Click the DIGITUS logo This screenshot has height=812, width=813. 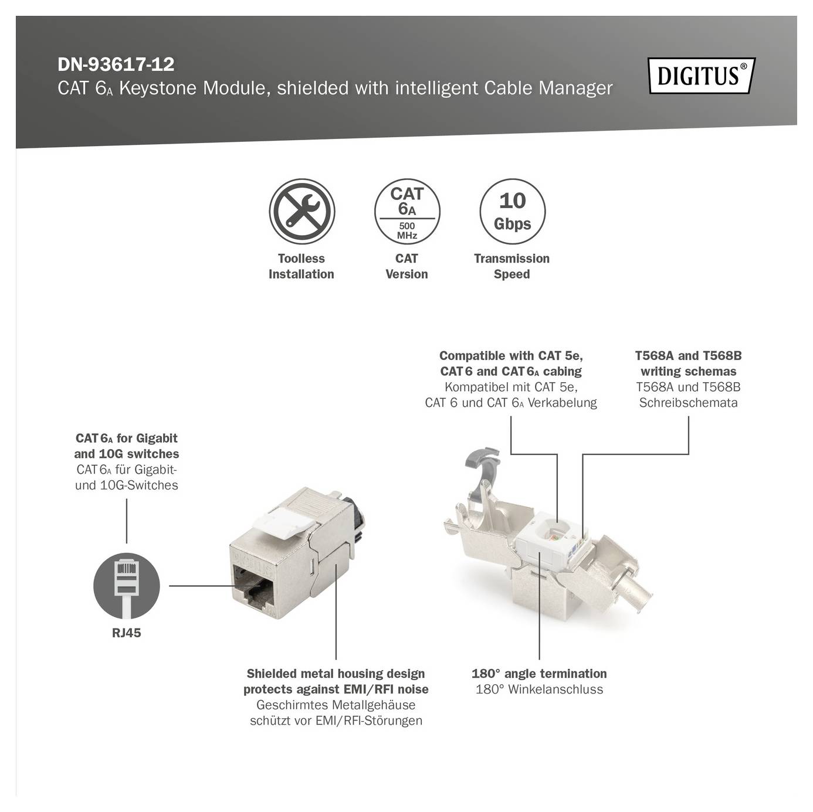coord(701,76)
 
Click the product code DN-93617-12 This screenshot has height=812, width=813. coord(116,64)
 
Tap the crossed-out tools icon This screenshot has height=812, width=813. coord(302,212)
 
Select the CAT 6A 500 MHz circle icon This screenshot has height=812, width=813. coord(406,212)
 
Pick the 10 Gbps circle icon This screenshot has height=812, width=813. coord(512,212)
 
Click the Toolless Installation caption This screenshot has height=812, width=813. coord(301,266)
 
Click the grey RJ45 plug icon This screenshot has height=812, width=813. coord(127,585)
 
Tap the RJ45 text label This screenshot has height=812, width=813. coord(127,633)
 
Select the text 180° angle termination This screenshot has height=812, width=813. coord(539,674)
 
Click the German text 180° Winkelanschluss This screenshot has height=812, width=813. coord(539,689)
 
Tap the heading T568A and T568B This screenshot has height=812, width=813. coord(688,356)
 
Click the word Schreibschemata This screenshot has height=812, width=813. coord(688,403)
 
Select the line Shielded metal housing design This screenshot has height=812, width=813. coord(336,674)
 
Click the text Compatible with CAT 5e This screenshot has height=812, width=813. coord(511,356)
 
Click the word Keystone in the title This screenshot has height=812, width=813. coord(158,89)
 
